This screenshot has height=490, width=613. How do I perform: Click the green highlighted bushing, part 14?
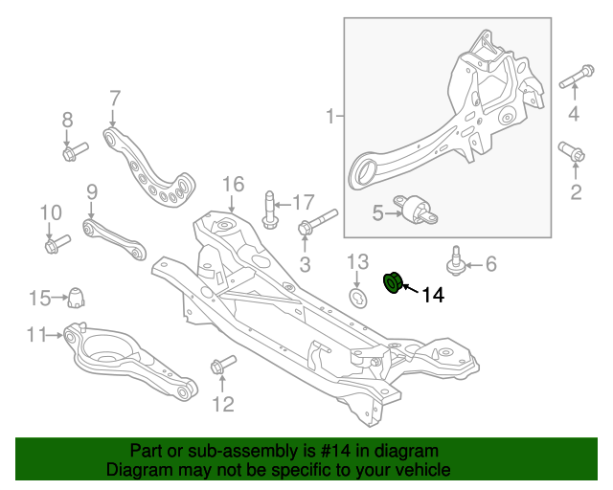tap(393, 283)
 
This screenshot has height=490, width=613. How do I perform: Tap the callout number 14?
tap(432, 297)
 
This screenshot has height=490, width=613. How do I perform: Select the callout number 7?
tap(114, 98)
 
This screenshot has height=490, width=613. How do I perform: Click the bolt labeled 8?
tap(73, 151)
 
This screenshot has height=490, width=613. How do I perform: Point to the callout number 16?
tap(234, 184)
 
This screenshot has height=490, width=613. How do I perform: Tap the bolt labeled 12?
tap(221, 365)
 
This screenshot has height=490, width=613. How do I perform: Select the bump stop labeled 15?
tap(75, 299)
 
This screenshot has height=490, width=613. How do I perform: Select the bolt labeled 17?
tap(269, 211)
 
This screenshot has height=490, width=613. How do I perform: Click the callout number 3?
tap(306, 263)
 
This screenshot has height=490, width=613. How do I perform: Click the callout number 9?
tap(92, 191)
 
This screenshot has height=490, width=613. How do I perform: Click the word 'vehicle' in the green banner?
tap(418, 470)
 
